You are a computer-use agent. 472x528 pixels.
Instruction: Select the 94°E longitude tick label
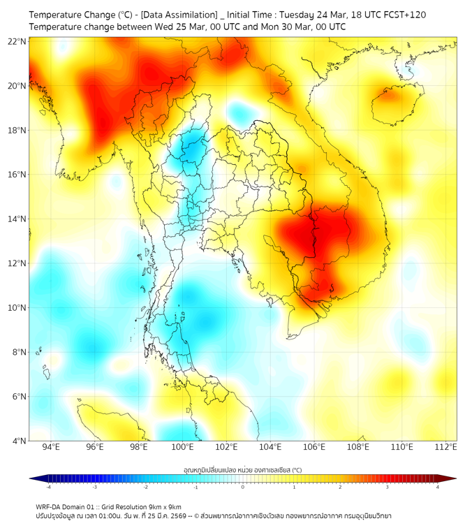(50, 447)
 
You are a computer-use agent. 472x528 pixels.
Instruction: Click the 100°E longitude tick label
(182, 447)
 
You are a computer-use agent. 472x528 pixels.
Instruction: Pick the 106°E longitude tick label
(314, 447)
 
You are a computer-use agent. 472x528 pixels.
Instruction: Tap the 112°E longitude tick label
(445, 447)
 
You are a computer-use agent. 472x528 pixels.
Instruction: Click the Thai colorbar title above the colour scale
(242, 469)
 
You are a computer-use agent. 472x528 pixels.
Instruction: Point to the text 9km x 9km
(165, 507)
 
